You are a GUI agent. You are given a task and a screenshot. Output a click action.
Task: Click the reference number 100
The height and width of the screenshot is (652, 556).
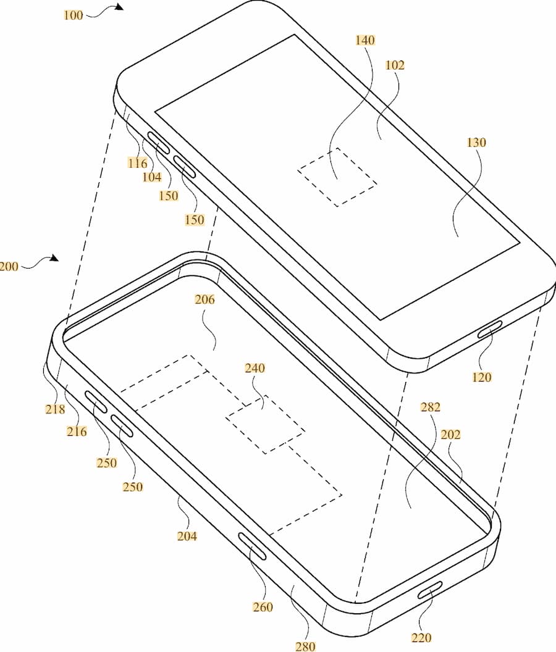click(73, 15)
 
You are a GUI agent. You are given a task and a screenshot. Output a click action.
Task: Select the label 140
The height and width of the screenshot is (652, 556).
click(365, 41)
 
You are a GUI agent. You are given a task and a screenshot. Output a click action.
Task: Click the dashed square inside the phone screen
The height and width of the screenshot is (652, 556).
click(337, 177)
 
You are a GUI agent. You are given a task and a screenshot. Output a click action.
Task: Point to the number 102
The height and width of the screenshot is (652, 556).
click(395, 65)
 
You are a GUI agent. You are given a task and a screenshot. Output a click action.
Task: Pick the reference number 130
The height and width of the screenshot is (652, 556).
click(477, 143)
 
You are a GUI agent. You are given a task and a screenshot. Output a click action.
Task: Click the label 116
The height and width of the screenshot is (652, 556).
click(138, 163)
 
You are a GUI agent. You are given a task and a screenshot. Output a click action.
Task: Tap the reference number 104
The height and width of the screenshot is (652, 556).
click(152, 178)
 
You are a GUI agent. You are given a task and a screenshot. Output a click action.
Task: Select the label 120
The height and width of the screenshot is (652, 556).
click(481, 377)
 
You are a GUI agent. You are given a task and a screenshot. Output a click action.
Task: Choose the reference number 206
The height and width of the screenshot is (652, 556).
click(204, 300)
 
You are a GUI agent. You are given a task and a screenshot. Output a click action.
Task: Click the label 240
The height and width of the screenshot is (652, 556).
click(255, 369)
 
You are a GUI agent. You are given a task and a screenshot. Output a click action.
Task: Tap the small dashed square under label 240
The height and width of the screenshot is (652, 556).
click(265, 424)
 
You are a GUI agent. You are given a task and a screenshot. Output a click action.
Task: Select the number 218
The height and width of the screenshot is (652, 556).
click(56, 409)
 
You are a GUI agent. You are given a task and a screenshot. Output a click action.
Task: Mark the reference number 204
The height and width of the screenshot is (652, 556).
click(187, 537)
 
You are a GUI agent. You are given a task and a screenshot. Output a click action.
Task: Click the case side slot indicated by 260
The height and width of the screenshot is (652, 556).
click(251, 547)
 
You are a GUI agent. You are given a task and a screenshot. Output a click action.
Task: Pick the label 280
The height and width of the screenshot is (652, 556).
click(305, 646)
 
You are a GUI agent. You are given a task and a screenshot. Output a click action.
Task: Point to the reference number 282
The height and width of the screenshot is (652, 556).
click(430, 407)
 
